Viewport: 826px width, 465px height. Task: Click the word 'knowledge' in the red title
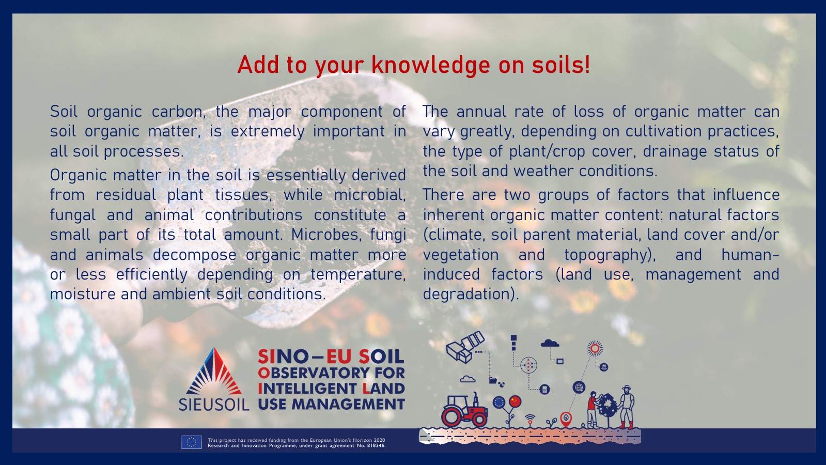pos(431,66)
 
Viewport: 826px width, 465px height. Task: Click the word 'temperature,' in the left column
pos(358,275)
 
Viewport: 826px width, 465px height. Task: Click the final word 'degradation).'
pos(471,295)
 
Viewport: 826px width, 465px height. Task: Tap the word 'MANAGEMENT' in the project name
pos(349,405)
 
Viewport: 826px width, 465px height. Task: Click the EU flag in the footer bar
pos(191,442)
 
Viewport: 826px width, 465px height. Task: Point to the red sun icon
pos(595,348)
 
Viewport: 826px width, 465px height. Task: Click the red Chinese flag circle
pos(515,401)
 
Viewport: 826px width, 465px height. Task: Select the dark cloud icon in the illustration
pos(550,343)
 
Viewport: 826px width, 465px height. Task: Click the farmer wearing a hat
pos(627,407)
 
